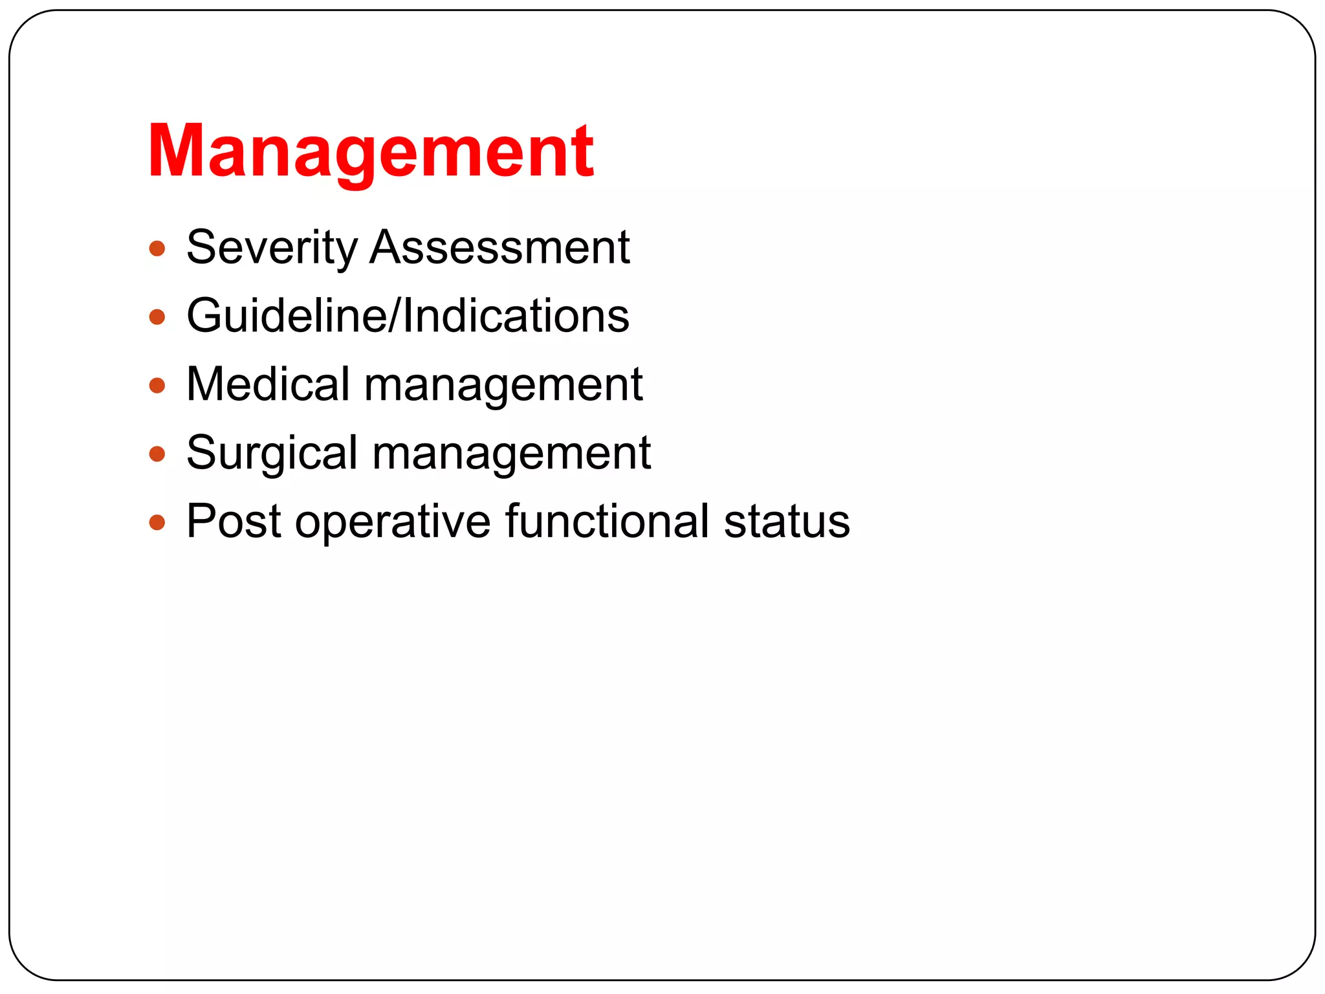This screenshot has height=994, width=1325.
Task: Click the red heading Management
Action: point(371,151)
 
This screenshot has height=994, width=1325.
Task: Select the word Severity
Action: point(272,248)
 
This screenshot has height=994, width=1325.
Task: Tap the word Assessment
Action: point(499,248)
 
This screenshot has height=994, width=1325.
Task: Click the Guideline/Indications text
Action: point(408,316)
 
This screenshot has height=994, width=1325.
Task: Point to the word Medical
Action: point(268,384)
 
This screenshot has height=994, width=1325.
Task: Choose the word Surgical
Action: point(272,453)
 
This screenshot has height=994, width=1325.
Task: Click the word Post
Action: point(234,521)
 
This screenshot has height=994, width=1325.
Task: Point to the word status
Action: point(787,521)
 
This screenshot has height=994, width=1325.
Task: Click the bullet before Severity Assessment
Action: point(157,248)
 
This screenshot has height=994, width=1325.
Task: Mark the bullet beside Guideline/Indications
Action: point(157,317)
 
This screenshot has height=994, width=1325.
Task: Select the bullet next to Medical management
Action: point(157,386)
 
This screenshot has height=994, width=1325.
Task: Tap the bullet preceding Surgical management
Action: point(157,454)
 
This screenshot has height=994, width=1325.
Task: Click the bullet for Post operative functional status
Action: point(157,522)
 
